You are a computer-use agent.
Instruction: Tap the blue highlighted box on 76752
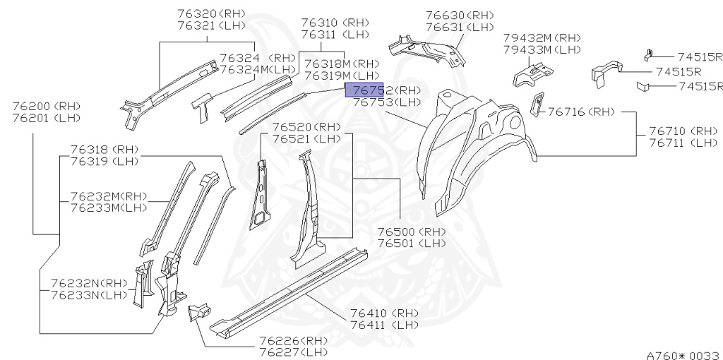tap(364, 89)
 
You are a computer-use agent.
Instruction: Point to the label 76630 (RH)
tap(460, 16)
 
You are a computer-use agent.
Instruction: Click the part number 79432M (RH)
tap(542, 37)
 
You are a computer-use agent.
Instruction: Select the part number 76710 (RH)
tap(683, 131)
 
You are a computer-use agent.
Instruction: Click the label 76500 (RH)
tap(411, 232)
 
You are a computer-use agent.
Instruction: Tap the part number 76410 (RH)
tap(384, 313)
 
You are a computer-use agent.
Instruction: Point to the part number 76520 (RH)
tap(306, 127)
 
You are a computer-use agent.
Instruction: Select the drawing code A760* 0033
tap(683, 355)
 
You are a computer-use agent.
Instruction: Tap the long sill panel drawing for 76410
tap(289, 289)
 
